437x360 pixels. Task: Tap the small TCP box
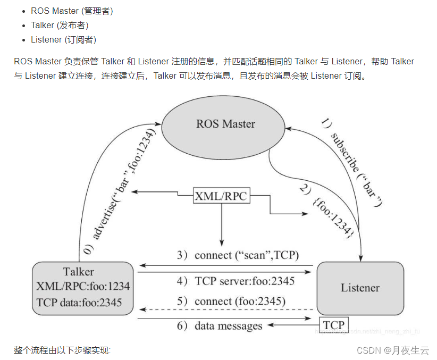(334, 325)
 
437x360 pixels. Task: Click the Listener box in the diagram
(360, 288)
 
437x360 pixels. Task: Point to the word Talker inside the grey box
(78, 272)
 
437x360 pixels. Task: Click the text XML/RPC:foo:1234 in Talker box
(83, 287)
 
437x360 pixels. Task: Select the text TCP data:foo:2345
(79, 302)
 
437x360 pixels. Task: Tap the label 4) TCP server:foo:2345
(236, 281)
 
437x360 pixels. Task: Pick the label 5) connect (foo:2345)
(231, 302)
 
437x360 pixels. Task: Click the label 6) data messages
(220, 325)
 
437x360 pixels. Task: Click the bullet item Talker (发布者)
(60, 25)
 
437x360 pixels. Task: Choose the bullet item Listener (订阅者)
(63, 39)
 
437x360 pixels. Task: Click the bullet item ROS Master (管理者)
(71, 11)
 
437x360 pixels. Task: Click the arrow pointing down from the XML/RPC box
(221, 223)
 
